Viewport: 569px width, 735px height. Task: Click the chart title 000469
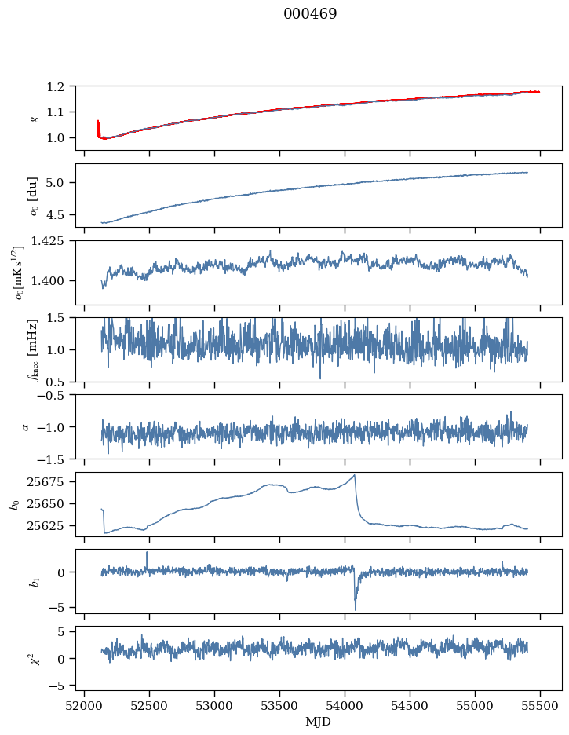click(310, 14)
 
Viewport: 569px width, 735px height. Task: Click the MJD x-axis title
click(319, 721)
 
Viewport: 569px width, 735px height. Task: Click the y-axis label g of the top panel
click(33, 118)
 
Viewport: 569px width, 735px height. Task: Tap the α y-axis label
click(25, 426)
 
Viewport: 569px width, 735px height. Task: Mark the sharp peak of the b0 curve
click(355, 475)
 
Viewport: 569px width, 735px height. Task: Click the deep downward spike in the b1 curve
click(356, 609)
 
